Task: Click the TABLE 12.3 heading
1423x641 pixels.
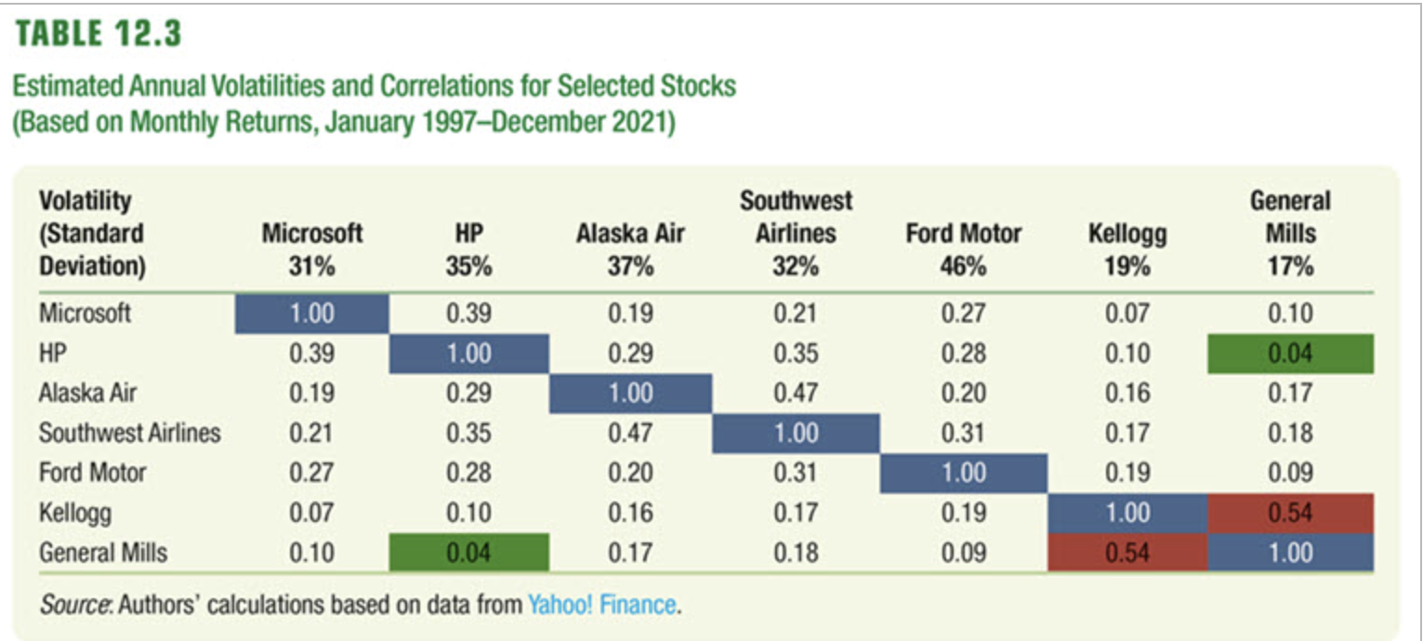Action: point(97,35)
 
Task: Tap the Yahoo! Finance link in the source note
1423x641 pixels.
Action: point(601,605)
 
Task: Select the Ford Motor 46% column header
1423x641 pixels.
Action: point(963,249)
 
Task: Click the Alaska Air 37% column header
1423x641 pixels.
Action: point(630,249)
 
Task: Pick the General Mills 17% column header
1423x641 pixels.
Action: point(1290,233)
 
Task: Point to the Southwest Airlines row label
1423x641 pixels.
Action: point(129,433)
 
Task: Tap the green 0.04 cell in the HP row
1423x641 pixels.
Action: point(1290,354)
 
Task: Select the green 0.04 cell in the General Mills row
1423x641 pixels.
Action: point(468,553)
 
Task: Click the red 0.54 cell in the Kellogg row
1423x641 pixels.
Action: point(1290,513)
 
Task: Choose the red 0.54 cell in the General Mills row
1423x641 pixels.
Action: point(1127,553)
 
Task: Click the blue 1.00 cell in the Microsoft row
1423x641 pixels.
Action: point(311,314)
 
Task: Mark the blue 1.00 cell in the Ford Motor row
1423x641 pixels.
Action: point(963,473)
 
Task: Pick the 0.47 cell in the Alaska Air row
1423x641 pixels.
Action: point(797,394)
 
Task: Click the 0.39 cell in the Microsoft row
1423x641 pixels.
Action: point(468,314)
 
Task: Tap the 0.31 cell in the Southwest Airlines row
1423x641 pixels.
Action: point(963,433)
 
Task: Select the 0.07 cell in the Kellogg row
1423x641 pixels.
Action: point(311,513)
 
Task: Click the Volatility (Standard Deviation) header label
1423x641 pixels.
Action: point(92,233)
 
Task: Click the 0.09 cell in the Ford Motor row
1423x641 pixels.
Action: point(1290,473)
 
